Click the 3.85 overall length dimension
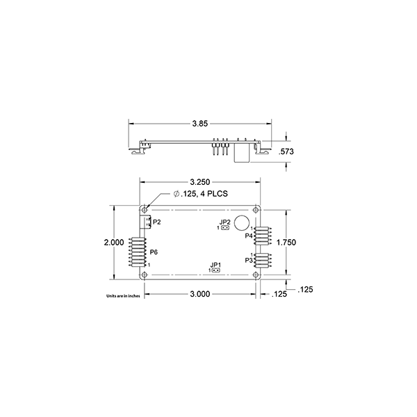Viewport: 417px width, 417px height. point(199,124)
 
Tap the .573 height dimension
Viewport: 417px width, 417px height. point(286,152)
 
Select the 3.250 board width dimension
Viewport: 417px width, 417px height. point(200,182)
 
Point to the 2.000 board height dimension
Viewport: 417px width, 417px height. point(114,243)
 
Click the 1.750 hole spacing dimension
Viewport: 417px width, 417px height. point(286,243)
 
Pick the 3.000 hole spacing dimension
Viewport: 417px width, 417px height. point(200,294)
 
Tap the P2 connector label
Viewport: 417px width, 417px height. point(157,222)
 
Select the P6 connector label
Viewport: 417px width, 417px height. point(154,252)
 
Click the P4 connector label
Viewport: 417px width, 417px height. point(249,236)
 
